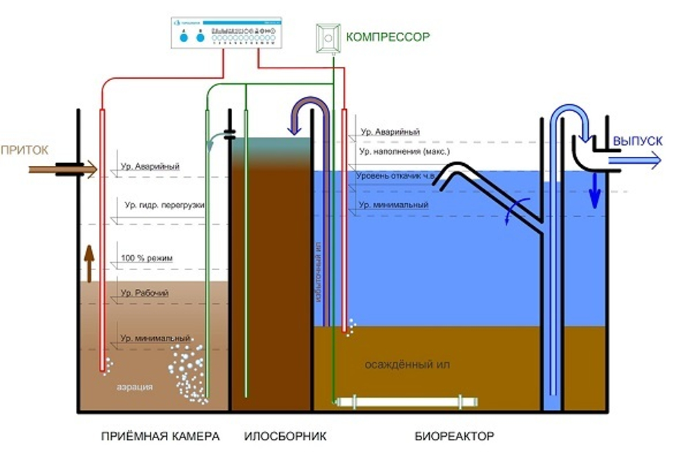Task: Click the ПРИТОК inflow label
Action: [x=25, y=149]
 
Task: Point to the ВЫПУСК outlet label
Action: [x=638, y=141]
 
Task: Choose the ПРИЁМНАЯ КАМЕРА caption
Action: [x=160, y=436]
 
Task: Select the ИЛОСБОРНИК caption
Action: [x=285, y=436]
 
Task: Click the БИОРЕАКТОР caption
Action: [x=455, y=436]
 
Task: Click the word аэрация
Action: [x=135, y=387]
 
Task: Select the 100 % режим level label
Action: [x=146, y=258]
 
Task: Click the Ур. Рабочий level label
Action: [x=144, y=293]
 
